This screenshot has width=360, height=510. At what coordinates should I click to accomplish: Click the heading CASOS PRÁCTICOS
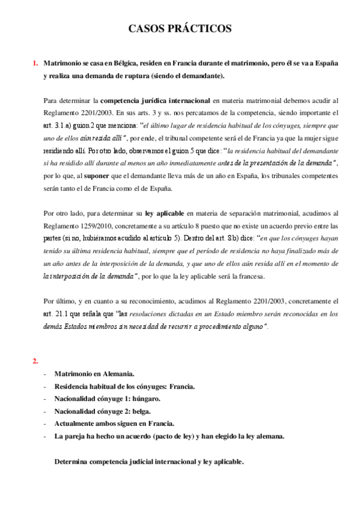180,28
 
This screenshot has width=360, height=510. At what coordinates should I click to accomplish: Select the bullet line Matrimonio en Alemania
94,374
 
